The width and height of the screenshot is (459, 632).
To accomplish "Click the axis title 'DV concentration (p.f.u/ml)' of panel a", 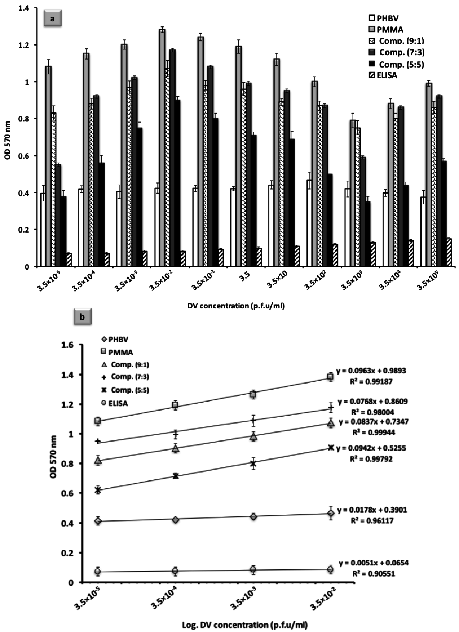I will point(236,306).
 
